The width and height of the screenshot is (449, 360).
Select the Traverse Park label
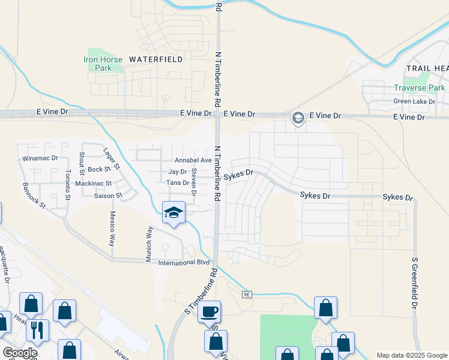click(x=419, y=88)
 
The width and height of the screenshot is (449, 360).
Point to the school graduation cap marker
click(x=173, y=213)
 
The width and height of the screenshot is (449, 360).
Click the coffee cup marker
click(x=209, y=312)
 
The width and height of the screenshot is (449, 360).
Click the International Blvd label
click(x=184, y=263)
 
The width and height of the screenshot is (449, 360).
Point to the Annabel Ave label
click(x=193, y=161)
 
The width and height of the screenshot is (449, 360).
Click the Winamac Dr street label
click(x=40, y=158)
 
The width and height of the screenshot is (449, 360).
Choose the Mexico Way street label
click(x=112, y=228)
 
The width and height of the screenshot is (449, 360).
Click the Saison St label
click(x=108, y=196)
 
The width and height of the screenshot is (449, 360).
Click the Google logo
click(x=20, y=353)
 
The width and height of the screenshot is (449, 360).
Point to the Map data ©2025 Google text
click(x=411, y=355)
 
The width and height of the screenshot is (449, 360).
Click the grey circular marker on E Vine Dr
click(x=298, y=118)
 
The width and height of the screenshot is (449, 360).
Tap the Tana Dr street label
click(x=178, y=182)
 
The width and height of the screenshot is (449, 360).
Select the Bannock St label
click(x=34, y=195)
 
